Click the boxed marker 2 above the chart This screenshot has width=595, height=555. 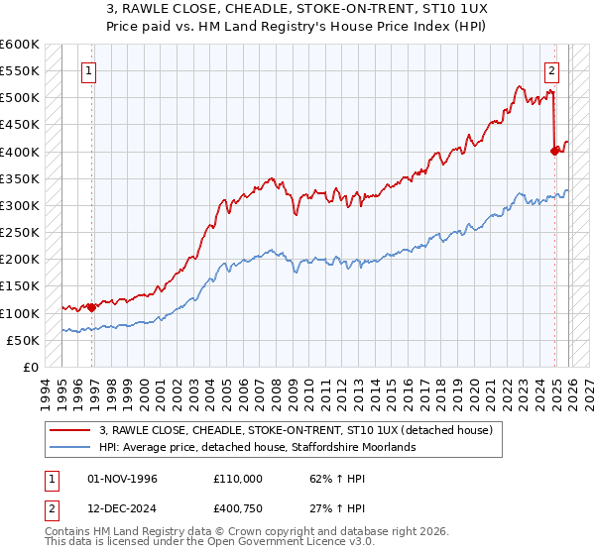pos(551,70)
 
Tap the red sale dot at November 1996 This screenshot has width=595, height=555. pos(92,307)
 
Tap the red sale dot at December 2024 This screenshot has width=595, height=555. pos(555,151)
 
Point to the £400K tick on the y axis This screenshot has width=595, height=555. pos(20,152)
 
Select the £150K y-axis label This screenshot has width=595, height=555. pos(20,286)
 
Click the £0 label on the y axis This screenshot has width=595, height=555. pos(30,367)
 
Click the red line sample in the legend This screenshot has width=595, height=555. pos(70,430)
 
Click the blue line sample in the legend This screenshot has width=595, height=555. pos(70,447)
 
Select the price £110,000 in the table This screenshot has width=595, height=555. pos(237,478)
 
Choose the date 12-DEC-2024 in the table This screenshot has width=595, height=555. pos(124,509)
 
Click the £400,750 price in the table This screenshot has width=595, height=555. pos(237,509)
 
